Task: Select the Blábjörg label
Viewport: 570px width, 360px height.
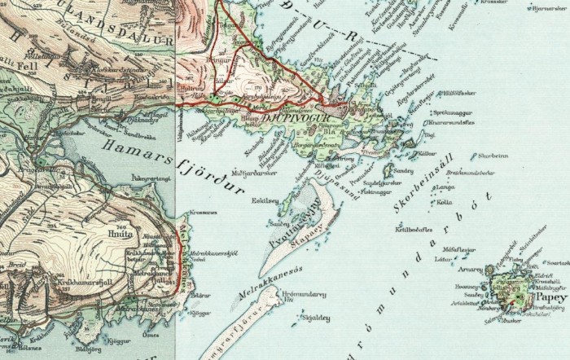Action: coord(86,353)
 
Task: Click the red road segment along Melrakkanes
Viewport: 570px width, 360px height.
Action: coord(177,261)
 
